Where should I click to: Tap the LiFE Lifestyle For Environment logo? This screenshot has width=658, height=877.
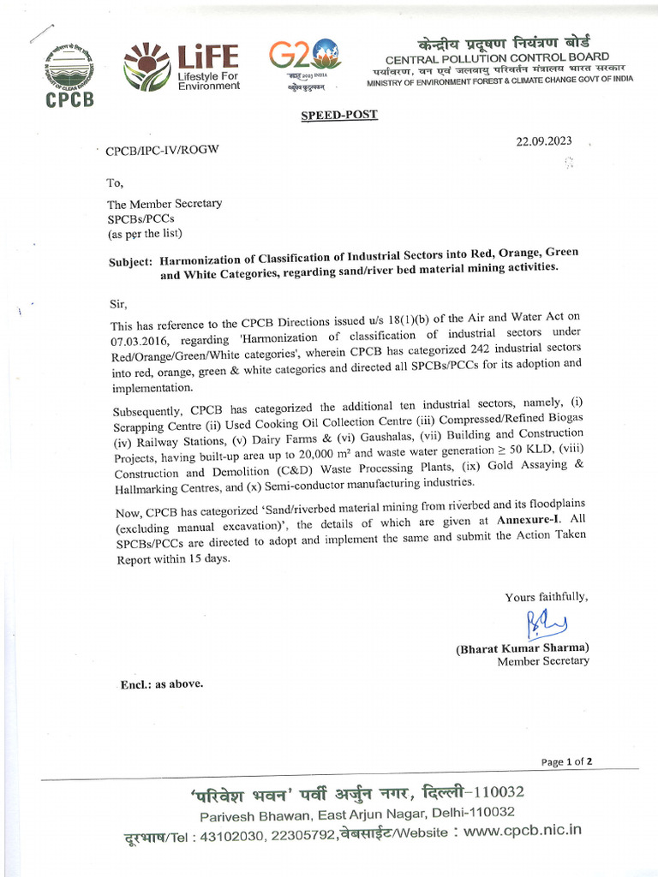(x=182, y=68)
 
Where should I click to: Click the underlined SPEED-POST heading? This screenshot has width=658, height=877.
(x=339, y=115)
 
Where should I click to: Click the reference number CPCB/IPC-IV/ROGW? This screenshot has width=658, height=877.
(x=162, y=151)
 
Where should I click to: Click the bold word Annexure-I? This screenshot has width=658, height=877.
(x=532, y=519)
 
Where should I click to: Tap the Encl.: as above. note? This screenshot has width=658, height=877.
(x=160, y=684)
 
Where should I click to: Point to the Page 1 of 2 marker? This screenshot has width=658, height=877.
(x=567, y=761)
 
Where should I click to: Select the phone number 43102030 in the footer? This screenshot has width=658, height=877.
(x=235, y=832)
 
